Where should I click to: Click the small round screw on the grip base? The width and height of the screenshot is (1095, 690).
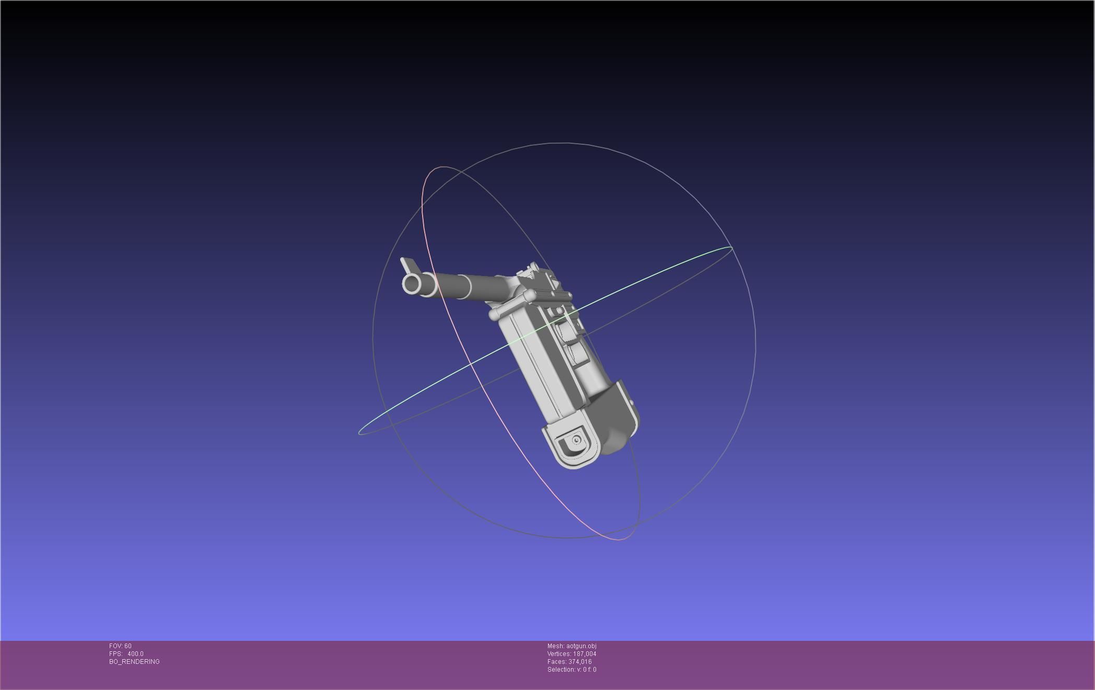click(577, 440)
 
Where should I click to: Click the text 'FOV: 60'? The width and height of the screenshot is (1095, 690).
click(120, 646)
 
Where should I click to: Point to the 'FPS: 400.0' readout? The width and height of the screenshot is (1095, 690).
click(126, 654)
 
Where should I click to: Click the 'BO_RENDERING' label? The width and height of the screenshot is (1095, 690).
click(134, 662)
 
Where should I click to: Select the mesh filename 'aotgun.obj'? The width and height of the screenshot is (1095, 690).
click(581, 646)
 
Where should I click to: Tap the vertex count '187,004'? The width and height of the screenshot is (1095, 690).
click(584, 654)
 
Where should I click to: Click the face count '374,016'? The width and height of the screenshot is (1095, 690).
click(580, 662)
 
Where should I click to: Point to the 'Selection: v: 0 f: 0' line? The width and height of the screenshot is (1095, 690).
click(572, 670)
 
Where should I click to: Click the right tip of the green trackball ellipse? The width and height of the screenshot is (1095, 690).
click(731, 247)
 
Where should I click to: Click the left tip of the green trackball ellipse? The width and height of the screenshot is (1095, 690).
click(360, 433)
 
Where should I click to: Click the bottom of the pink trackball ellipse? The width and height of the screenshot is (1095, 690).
click(619, 539)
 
